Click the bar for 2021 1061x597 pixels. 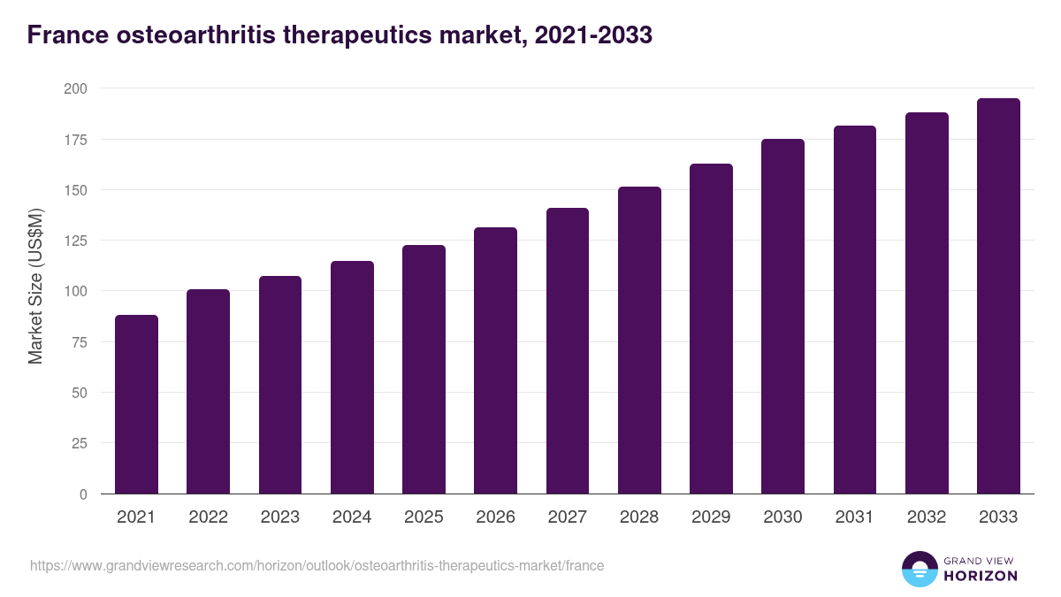tap(136, 404)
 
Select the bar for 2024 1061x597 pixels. tap(352, 378)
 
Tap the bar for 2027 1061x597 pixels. tap(568, 351)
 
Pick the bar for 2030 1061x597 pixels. tap(782, 317)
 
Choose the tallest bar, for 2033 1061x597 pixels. tap(998, 296)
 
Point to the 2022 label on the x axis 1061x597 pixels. tap(208, 517)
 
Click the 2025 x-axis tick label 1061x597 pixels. tap(424, 517)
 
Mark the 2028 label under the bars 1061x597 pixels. tap(639, 517)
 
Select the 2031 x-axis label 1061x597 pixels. tap(855, 517)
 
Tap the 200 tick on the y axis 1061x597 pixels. tap(75, 88)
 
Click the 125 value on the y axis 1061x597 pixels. tap(75, 241)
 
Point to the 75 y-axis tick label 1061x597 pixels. tap(79, 342)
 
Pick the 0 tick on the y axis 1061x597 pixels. tap(83, 494)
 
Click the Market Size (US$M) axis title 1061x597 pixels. tap(35, 286)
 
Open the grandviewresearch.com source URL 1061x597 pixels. tap(317, 565)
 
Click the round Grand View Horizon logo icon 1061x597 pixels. tap(919, 569)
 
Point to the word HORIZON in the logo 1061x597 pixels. tap(981, 576)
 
